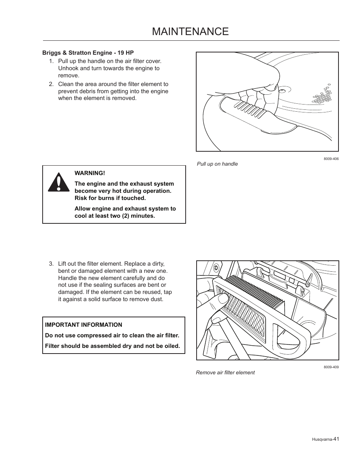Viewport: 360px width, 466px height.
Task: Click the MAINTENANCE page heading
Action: pos(190,31)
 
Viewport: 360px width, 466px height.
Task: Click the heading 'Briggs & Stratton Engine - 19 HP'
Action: pos(88,52)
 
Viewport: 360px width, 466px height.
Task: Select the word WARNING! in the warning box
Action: pos(89,173)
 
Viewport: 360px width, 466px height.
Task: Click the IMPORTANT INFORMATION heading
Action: pos(83,325)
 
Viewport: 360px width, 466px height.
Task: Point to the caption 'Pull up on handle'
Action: pos(217,164)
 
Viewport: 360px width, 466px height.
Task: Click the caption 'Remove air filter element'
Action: pos(225,372)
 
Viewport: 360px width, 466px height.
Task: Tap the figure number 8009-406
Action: pos(331,159)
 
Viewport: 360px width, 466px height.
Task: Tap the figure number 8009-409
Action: pos(331,367)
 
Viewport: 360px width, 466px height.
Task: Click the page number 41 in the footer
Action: pos(336,438)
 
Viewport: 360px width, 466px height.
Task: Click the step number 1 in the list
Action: pos(51,61)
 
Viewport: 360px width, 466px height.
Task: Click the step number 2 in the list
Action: pos(51,84)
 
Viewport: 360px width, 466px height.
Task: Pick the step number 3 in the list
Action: pos(51,264)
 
